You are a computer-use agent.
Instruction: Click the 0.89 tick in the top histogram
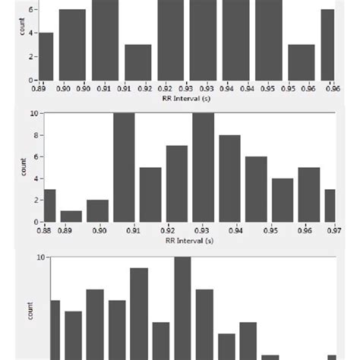[x=39, y=88]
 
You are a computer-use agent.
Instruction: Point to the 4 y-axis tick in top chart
[x=31, y=33]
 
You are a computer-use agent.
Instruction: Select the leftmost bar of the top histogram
[x=46, y=56]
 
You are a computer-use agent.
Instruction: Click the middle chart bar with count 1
[x=71, y=216]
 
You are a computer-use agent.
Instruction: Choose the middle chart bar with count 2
[x=97, y=210]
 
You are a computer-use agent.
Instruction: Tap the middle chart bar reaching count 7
[x=177, y=183]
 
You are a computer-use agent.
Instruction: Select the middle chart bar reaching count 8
[x=229, y=178]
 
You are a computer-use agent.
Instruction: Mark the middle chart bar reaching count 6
[x=256, y=189]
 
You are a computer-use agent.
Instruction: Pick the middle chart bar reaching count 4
[x=283, y=200]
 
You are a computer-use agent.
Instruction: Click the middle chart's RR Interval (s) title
[x=187, y=239]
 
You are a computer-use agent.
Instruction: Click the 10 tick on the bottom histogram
[x=43, y=257]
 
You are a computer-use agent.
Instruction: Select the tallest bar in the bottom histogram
[x=182, y=308]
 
